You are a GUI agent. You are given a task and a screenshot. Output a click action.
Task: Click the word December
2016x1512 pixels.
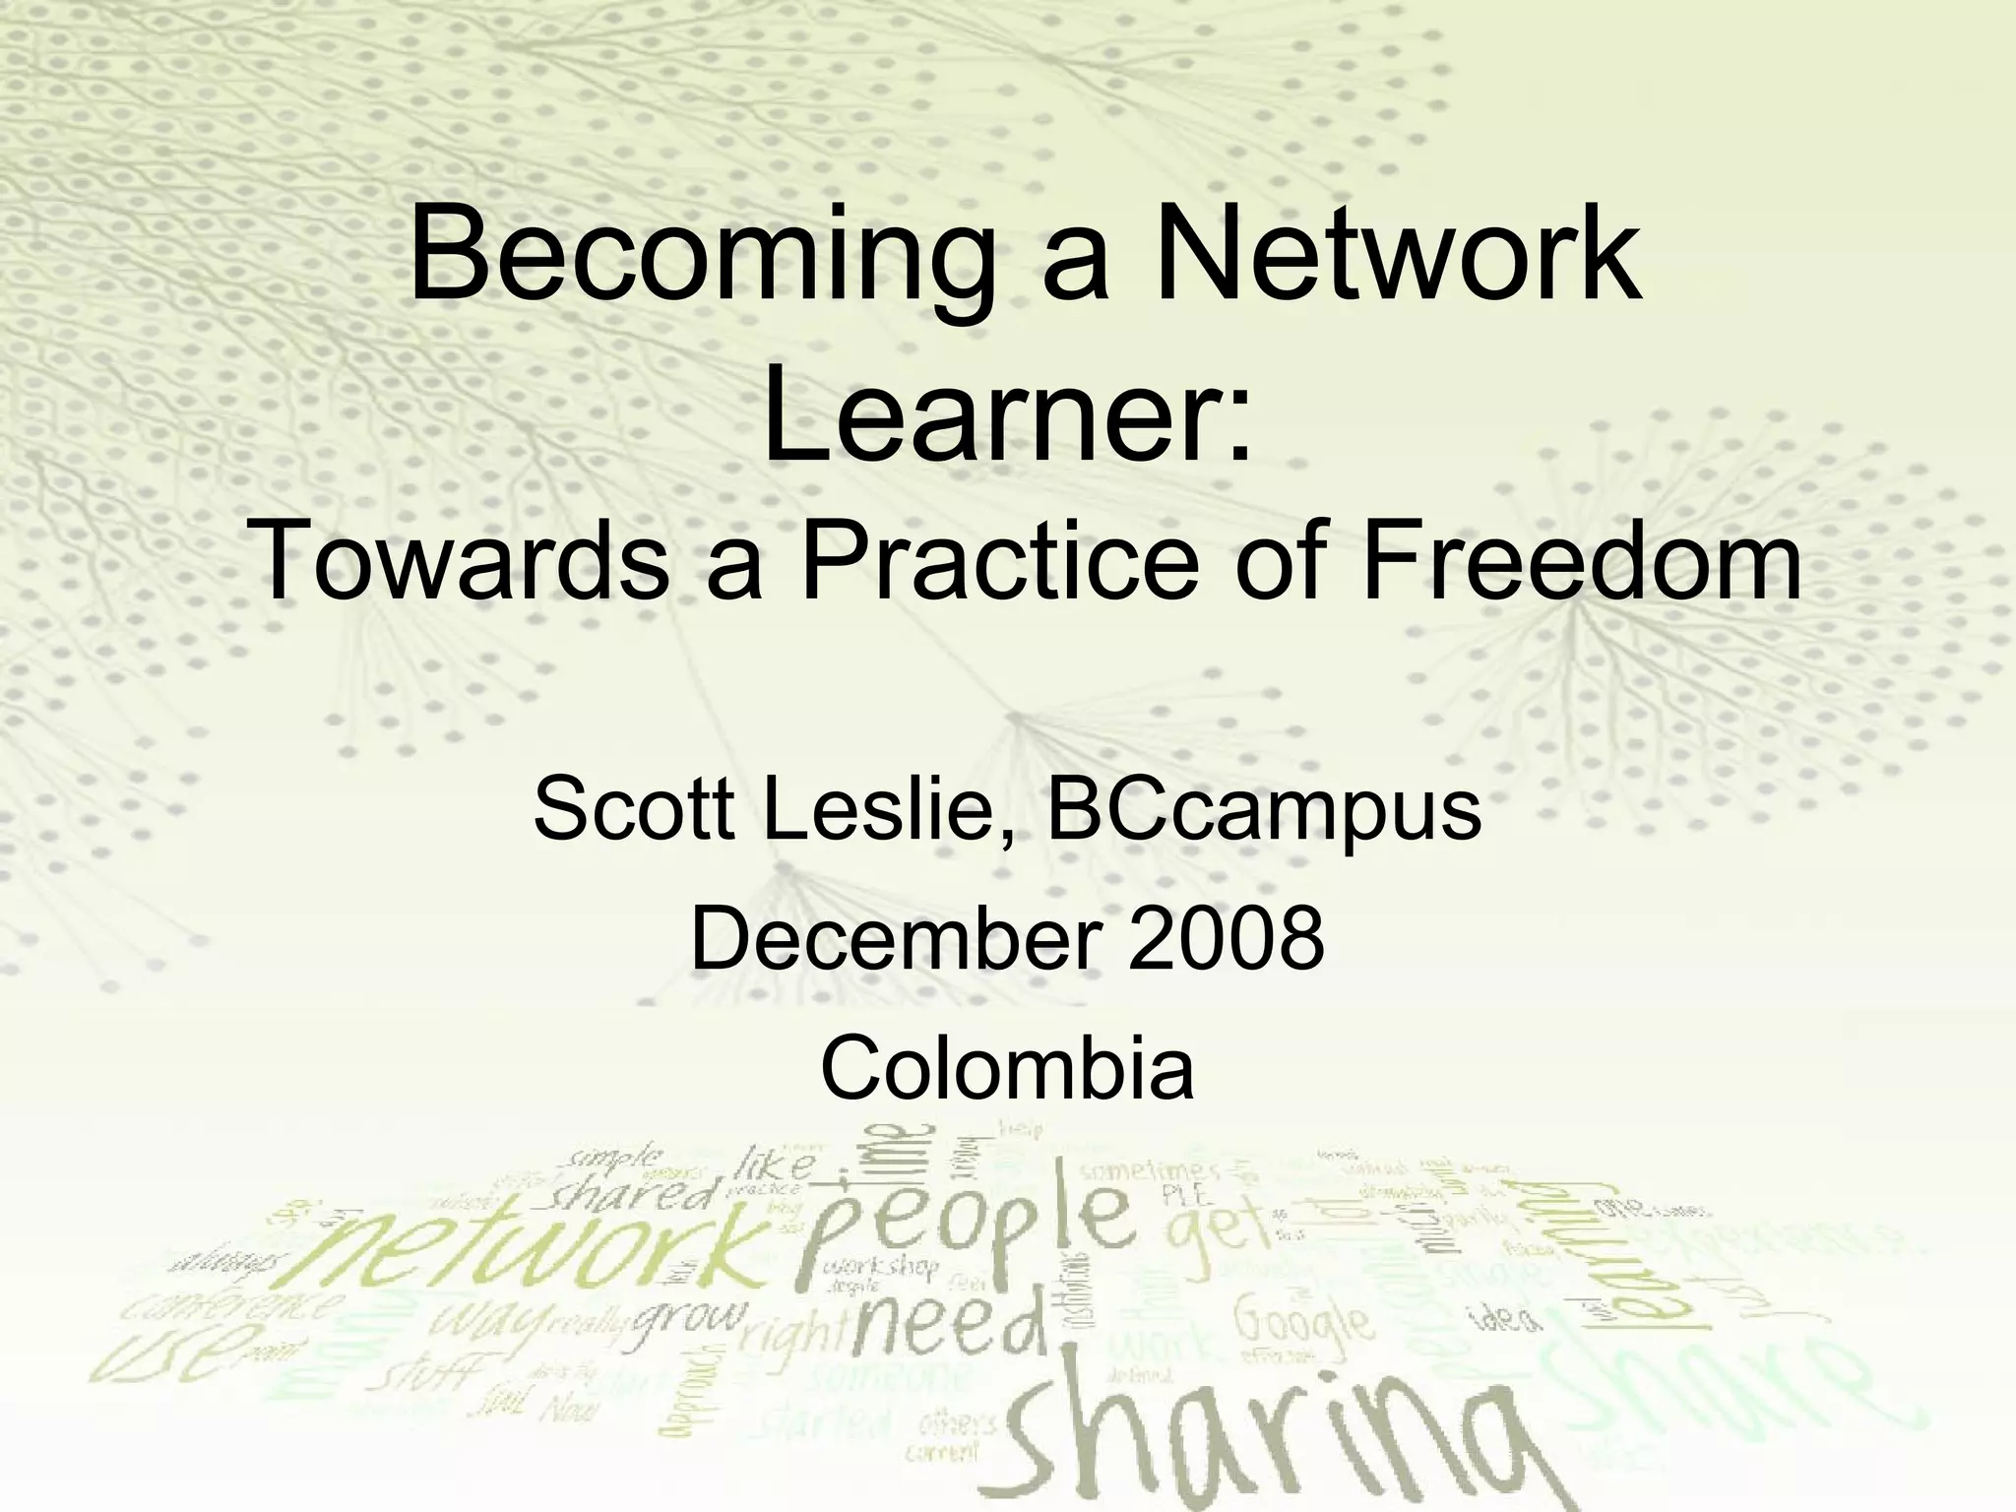(x=894, y=938)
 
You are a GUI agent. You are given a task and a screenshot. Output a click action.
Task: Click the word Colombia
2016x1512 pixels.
(x=1007, y=1069)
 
